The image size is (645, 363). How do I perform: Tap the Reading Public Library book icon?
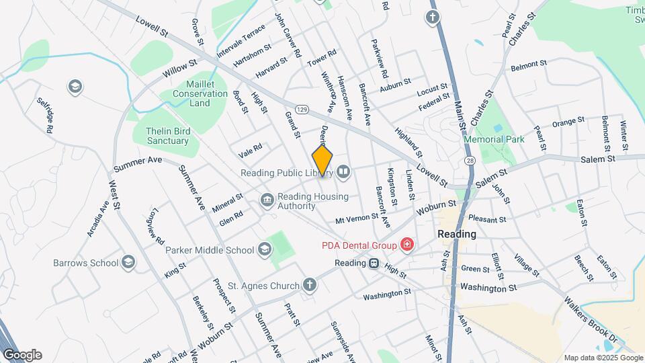tap(343, 173)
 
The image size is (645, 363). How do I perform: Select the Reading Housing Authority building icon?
tap(267, 200)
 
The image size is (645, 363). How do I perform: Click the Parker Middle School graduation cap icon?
tap(265, 250)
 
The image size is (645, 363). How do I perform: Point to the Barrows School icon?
tap(129, 261)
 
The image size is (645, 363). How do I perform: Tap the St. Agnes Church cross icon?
tap(308, 286)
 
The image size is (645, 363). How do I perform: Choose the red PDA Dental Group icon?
tap(406, 243)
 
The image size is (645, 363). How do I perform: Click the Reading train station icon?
tap(374, 264)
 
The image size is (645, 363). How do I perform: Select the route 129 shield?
tap(302, 109)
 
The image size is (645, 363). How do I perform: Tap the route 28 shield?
tap(470, 160)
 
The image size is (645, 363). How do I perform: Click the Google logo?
tap(22, 355)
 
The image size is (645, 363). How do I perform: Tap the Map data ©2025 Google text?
tap(603, 358)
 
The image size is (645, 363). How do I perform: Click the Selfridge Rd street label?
tap(45, 114)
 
